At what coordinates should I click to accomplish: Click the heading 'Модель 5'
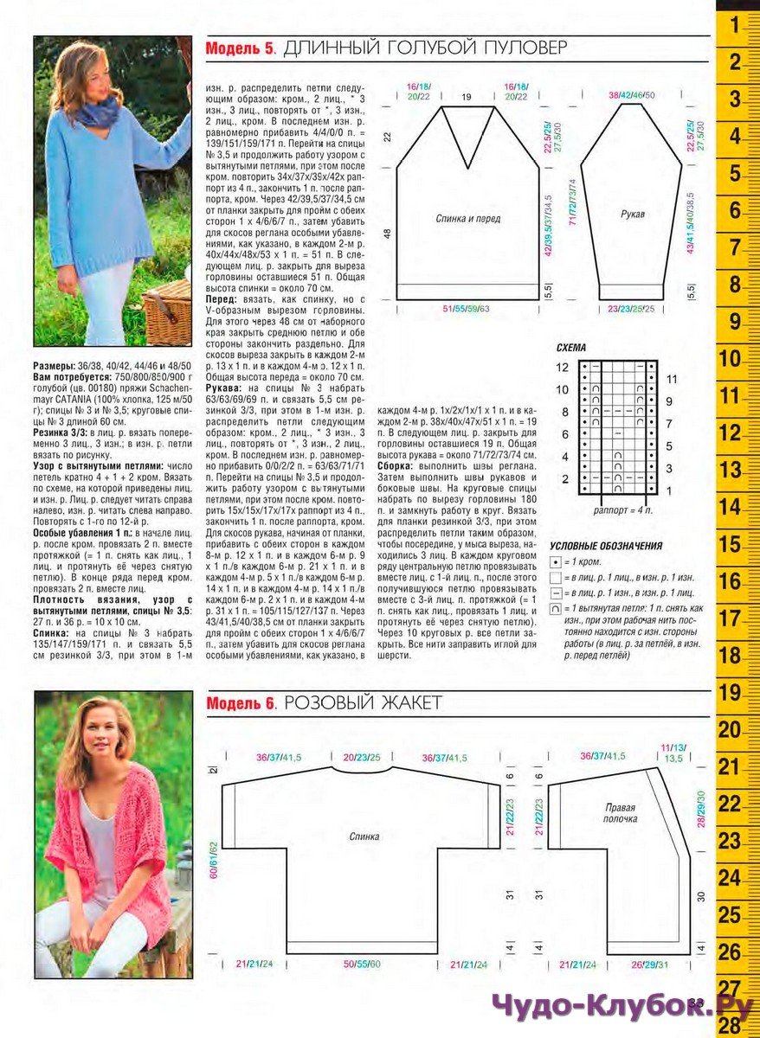[x=240, y=48]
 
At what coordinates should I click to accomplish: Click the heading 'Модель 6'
[x=240, y=703]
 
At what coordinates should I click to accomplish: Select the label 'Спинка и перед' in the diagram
[x=467, y=219]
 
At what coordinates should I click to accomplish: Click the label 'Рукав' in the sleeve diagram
[x=634, y=212]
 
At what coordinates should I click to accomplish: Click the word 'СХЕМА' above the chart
[x=570, y=347]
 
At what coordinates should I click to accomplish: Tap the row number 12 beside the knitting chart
[x=563, y=368]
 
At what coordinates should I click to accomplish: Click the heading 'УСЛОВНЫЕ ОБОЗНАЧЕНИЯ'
[x=606, y=546]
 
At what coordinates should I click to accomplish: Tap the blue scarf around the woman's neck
[x=96, y=112]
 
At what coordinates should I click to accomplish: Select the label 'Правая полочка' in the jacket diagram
[x=620, y=812]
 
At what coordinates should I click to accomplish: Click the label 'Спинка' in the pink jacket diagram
[x=364, y=836]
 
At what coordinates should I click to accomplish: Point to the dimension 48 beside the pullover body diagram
[x=387, y=234]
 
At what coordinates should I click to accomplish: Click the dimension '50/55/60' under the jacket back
[x=362, y=964]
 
